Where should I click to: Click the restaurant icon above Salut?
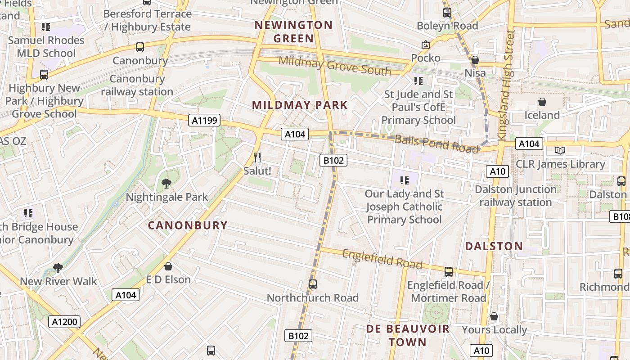pyautogui.click(x=257, y=157)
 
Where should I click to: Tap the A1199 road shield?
pyautogui.click(x=205, y=120)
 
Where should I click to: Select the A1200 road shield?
pyautogui.click(x=64, y=322)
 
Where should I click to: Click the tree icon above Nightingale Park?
pyautogui.click(x=166, y=183)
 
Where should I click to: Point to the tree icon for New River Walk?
pyautogui.click(x=58, y=268)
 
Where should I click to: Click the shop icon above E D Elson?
pyautogui.click(x=168, y=266)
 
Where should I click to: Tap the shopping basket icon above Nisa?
pyautogui.click(x=475, y=60)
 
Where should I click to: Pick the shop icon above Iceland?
pyautogui.click(x=542, y=102)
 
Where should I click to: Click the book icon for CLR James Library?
pyautogui.click(x=560, y=150)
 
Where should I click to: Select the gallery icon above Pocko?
pyautogui.click(x=426, y=45)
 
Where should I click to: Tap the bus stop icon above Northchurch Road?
pyautogui.click(x=313, y=284)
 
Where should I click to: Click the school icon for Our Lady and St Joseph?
pyautogui.click(x=405, y=180)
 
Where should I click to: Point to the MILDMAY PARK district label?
pyautogui.click(x=300, y=105)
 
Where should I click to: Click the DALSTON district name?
pyautogui.click(x=494, y=246)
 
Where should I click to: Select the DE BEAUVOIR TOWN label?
pyautogui.click(x=408, y=335)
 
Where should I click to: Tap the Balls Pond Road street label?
pyautogui.click(x=436, y=144)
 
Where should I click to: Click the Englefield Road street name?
pyautogui.click(x=382, y=259)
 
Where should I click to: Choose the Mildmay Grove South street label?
pyautogui.click(x=335, y=66)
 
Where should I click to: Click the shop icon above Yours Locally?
pyautogui.click(x=494, y=317)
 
